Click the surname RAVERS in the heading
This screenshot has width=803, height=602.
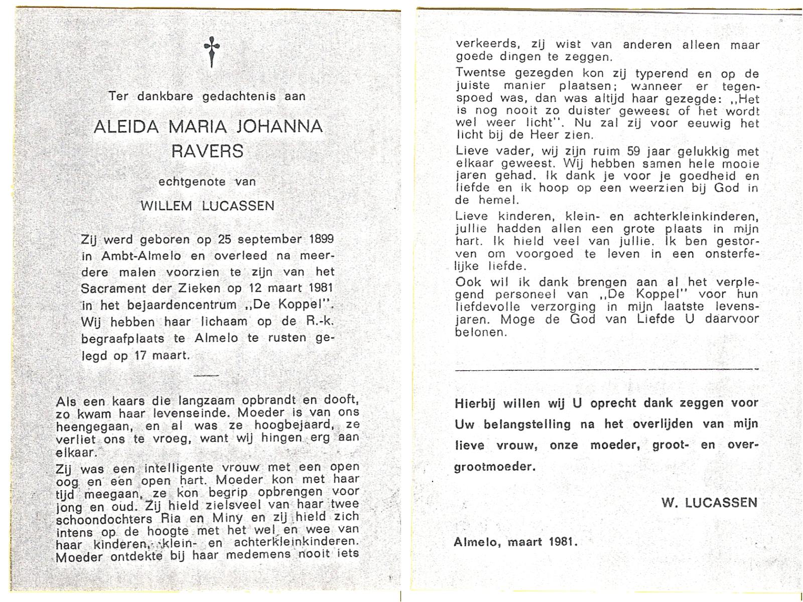[x=207, y=150]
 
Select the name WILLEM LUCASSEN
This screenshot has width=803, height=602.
[x=207, y=206]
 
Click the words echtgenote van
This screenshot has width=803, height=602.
[x=207, y=181]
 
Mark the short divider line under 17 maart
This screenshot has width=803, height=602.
[x=206, y=375]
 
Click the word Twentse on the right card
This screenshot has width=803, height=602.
[x=480, y=74]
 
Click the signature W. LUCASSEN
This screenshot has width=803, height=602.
[x=709, y=502]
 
